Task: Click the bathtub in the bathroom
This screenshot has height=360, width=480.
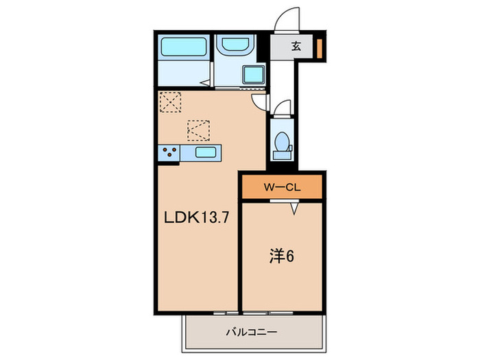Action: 184,49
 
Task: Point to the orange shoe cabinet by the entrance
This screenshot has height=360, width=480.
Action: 320,47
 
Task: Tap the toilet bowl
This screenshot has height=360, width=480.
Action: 280,143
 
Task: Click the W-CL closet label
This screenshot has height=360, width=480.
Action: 281,186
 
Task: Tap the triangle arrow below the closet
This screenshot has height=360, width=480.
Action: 295,207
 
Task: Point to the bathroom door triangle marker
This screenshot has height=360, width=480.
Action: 204,84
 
